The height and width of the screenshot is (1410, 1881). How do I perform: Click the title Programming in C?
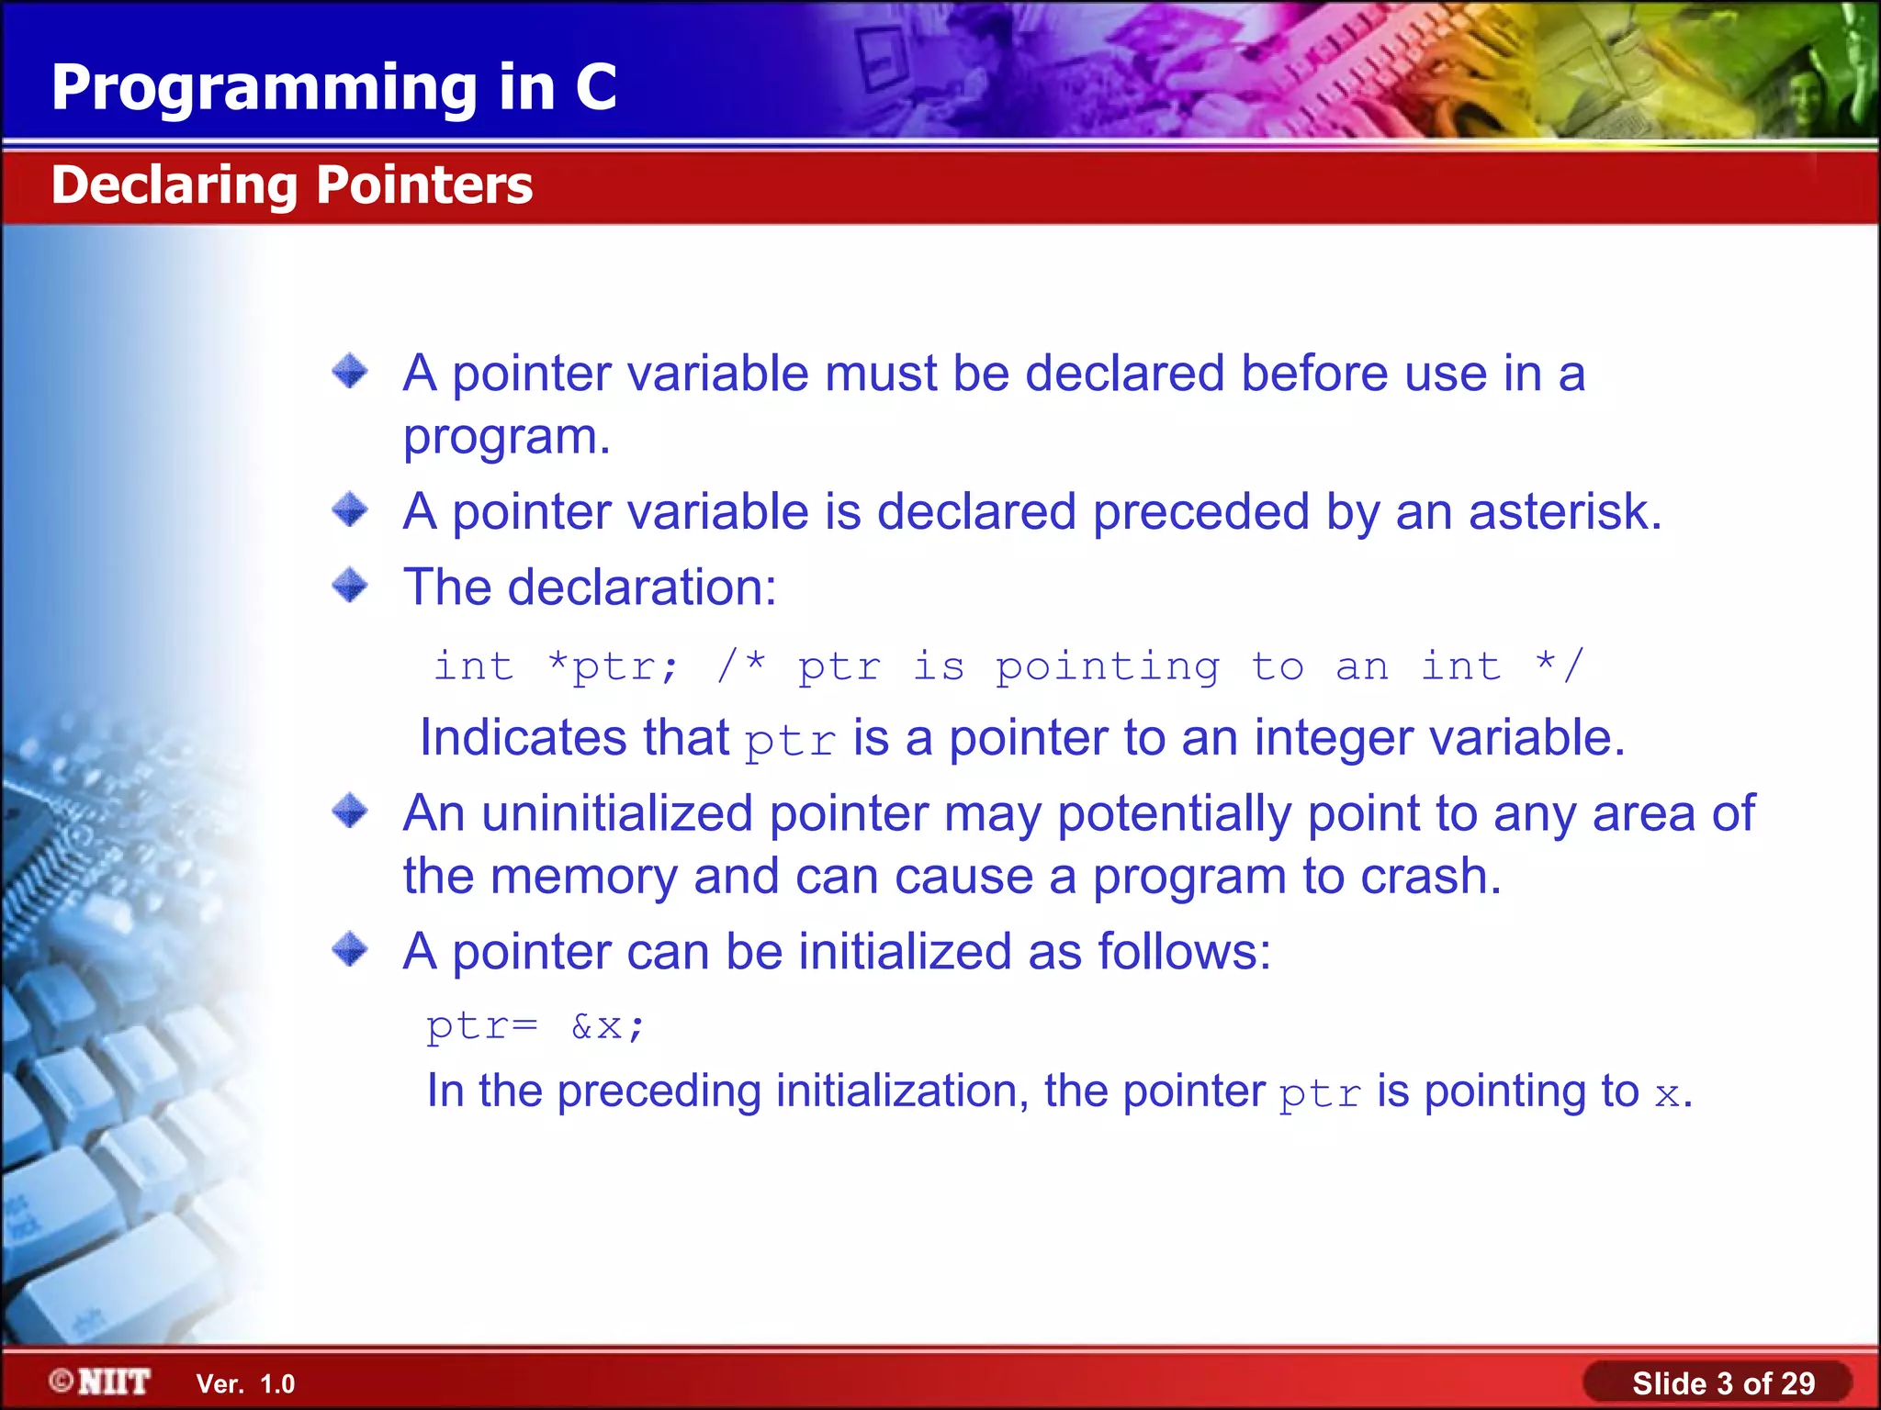point(333,88)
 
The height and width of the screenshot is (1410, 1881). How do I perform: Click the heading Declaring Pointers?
point(291,185)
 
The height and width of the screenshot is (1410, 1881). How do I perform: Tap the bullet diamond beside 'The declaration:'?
point(350,585)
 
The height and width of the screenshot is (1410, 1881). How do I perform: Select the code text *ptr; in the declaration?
point(613,666)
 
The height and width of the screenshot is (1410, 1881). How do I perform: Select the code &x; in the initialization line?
point(608,1026)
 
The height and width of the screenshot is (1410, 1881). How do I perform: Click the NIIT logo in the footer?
point(101,1382)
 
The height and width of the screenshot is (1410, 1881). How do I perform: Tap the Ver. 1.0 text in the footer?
point(245,1384)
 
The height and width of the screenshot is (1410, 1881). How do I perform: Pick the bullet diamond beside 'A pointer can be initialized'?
point(350,949)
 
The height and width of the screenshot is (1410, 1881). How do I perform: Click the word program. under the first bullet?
point(506,438)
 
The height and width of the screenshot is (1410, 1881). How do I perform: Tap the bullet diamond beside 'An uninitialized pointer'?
point(350,811)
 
